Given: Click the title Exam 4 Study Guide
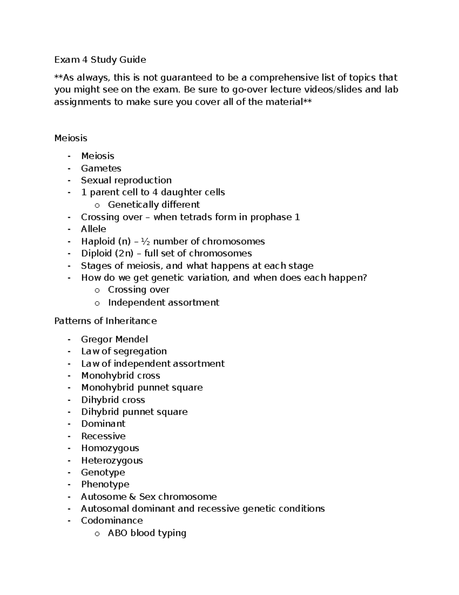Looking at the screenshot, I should [100, 60].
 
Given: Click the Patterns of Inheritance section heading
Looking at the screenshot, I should [105, 321].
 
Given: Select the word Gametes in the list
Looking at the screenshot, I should [101, 168].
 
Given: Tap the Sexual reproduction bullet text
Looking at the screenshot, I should [126, 180].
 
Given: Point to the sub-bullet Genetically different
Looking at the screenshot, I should [154, 205].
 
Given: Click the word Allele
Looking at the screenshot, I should [93, 229].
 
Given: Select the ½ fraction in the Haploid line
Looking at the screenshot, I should [145, 241].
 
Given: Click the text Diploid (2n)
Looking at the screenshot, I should [107, 253].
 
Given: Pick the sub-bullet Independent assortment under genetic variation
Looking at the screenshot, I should [163, 302].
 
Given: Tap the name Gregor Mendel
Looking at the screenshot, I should [114, 339].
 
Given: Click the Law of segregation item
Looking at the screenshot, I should [124, 351].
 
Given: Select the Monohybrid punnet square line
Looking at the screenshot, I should [142, 387].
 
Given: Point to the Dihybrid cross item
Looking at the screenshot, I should [113, 400].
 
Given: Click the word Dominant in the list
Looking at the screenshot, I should [103, 424].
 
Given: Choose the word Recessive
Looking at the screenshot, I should [103, 436].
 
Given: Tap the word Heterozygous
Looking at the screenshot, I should [112, 460].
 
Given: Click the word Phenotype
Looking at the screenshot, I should [105, 484].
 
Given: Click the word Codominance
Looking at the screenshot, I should [112, 521].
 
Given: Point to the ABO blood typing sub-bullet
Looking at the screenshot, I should [147, 533].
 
